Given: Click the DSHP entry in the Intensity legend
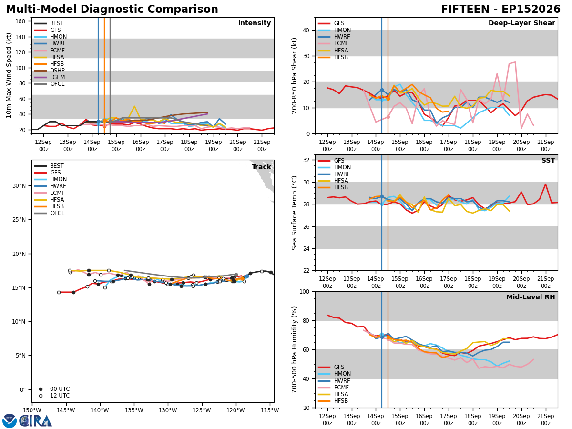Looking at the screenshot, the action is pyautogui.click(x=49, y=71).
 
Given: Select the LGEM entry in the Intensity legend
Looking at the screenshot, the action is pyautogui.click(x=49, y=77).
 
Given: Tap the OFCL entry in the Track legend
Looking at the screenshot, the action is pyautogui.click(x=49, y=213).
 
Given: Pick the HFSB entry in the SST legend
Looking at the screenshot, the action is pyautogui.click(x=333, y=187).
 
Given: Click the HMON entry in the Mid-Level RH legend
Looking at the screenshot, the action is pyautogui.click(x=334, y=374).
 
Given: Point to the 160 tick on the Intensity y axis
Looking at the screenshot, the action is pyautogui.click(x=20, y=21).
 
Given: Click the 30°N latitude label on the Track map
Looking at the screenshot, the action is pyautogui.click(x=19, y=186).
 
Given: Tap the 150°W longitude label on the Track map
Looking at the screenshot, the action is pyautogui.click(x=32, y=411).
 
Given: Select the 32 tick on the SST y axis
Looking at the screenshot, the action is pyautogui.click(x=306, y=160).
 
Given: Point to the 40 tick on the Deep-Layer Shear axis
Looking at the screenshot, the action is pyautogui.click(x=306, y=30).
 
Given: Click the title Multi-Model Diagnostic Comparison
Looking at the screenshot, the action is pyautogui.click(x=112, y=10).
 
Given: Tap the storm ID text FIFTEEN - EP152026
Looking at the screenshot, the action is pyautogui.click(x=500, y=10).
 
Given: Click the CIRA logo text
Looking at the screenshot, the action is pyautogui.click(x=36, y=421).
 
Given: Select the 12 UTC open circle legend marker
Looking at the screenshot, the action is pyautogui.click(x=41, y=396).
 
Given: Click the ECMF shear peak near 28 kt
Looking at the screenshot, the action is pyautogui.click(x=515, y=62).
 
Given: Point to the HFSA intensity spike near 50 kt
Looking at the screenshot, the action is pyautogui.click(x=134, y=106).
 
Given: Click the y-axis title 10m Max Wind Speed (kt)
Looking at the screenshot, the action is pyautogui.click(x=9, y=75).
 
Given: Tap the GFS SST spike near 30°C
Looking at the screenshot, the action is pyautogui.click(x=545, y=184).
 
